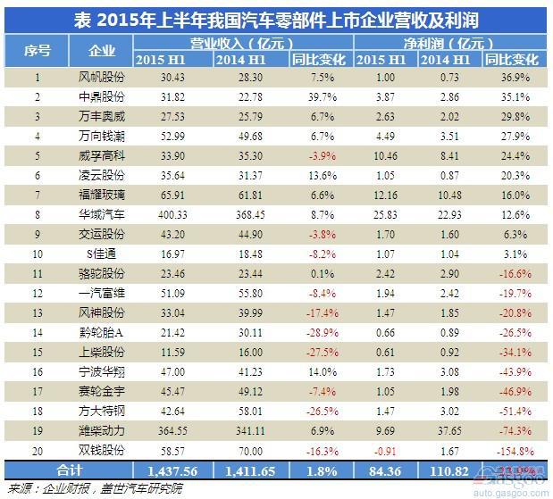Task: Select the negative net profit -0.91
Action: (x=381, y=450)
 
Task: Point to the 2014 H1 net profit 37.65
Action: (x=450, y=430)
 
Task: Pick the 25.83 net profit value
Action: (x=381, y=215)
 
